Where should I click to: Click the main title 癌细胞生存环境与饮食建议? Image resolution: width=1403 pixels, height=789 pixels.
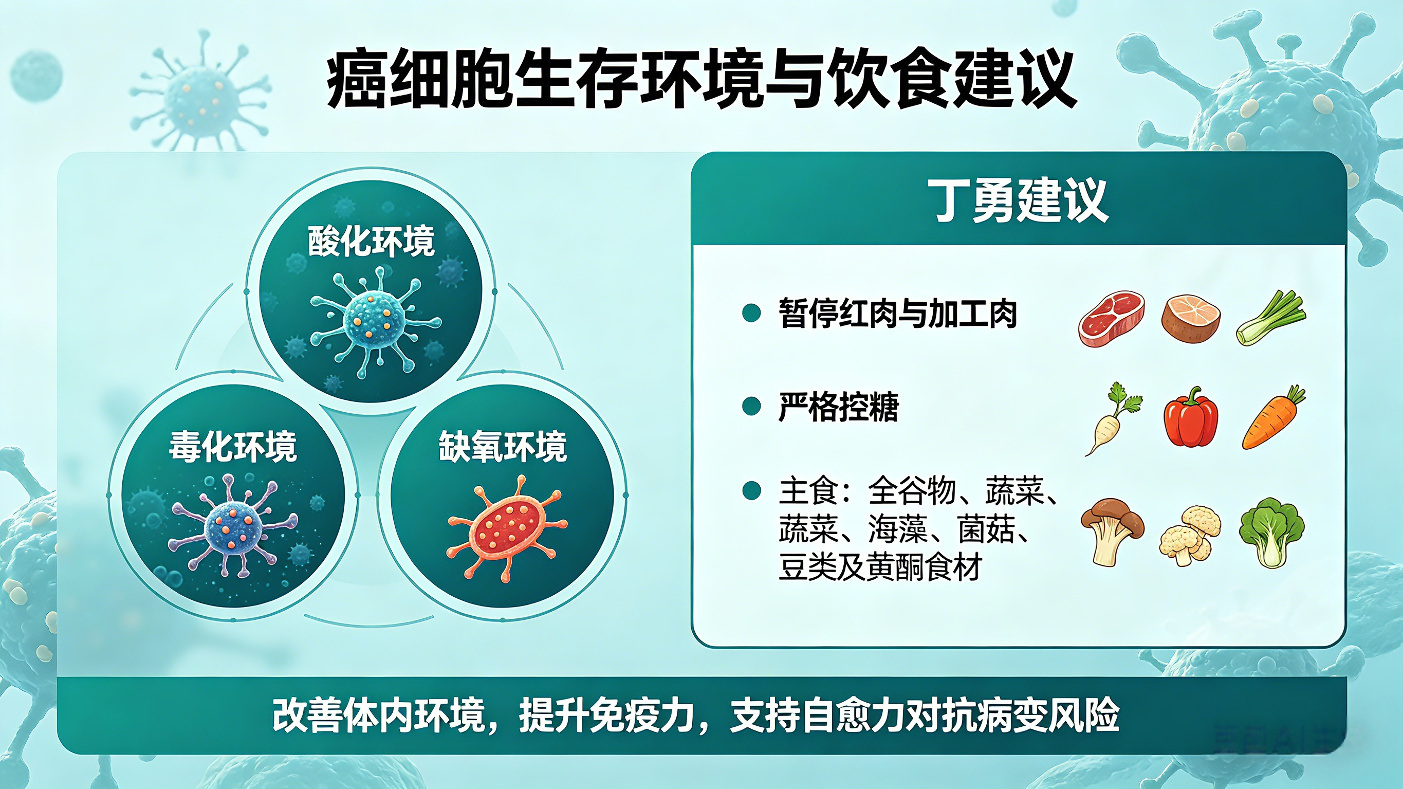[701, 80]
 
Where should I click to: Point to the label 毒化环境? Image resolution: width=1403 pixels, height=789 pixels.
[233, 446]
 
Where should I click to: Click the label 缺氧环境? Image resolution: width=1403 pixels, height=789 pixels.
[503, 446]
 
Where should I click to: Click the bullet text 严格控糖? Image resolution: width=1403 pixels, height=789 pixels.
[838, 407]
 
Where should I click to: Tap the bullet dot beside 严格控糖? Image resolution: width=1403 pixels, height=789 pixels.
[751, 407]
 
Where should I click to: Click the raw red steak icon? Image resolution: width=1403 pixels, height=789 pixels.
[1111, 319]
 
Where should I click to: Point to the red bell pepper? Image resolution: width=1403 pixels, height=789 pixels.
[1191, 417]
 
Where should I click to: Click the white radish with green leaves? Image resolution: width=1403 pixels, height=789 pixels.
[1111, 418]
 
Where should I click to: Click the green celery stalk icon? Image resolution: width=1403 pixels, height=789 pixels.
[1270, 318]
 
